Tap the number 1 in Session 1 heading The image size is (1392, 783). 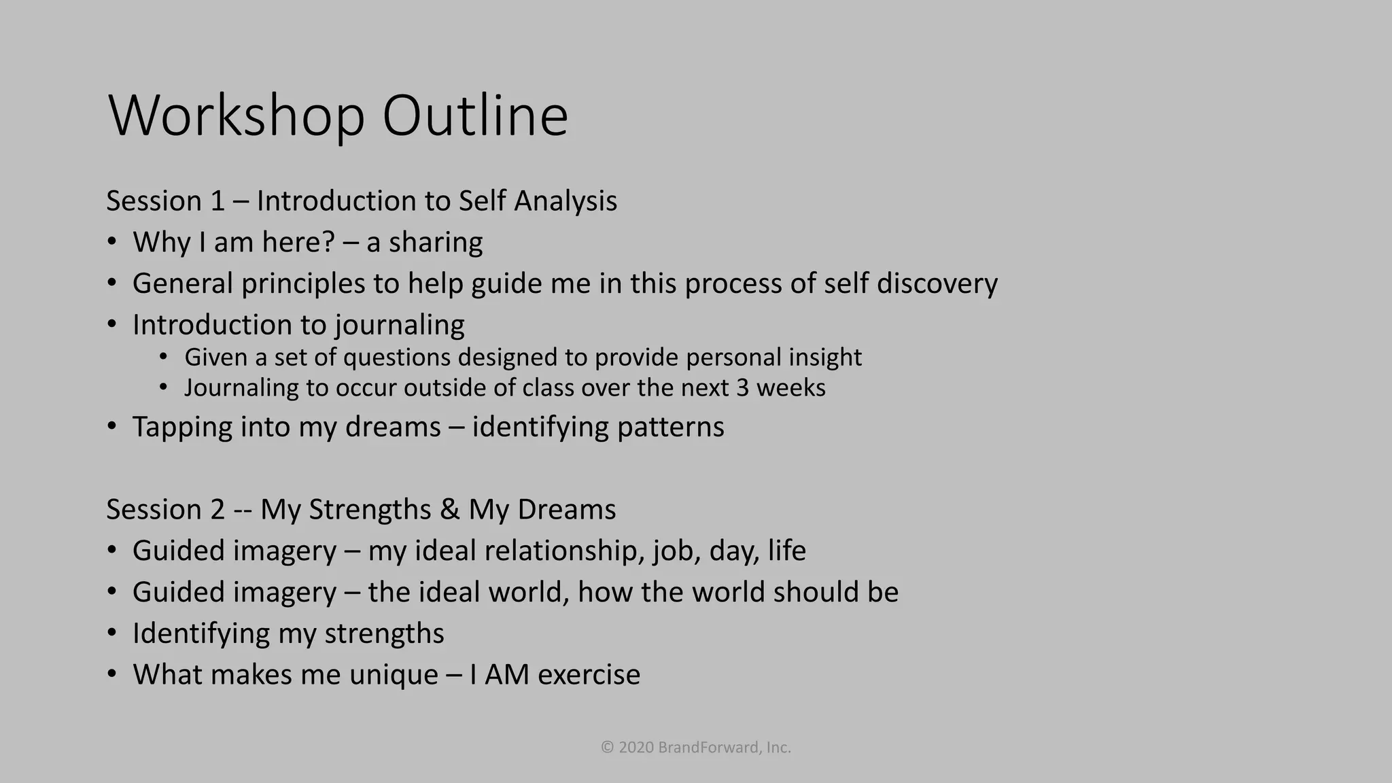(x=217, y=201)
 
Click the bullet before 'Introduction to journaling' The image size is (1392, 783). (x=112, y=324)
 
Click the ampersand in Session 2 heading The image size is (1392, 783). (x=449, y=510)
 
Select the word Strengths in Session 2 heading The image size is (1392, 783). (x=370, y=510)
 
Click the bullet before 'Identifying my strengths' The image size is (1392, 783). (x=112, y=633)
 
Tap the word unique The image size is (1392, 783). (x=394, y=675)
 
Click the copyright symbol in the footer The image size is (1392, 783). (x=608, y=748)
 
